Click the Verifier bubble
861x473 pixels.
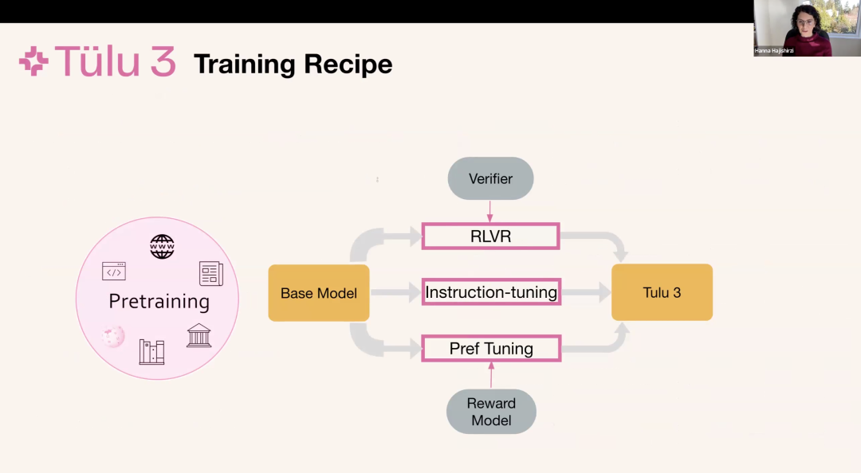[x=490, y=178]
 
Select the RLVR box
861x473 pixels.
[x=490, y=236]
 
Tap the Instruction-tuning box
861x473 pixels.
[x=491, y=292]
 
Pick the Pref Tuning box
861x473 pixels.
[x=491, y=349]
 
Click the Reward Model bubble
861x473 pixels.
[x=491, y=412]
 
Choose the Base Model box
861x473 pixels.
[x=319, y=293]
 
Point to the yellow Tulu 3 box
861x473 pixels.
[x=662, y=292]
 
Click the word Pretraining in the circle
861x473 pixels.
[x=159, y=302]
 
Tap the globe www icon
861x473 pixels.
[x=162, y=247]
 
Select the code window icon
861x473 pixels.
[x=114, y=272]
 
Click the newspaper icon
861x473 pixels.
[x=210, y=273]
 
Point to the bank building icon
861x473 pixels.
[x=199, y=335]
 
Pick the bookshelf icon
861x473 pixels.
[x=151, y=351]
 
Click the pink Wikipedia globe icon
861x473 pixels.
[x=113, y=336]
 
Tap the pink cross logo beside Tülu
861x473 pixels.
[x=33, y=62]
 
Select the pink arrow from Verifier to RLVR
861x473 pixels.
[x=490, y=211]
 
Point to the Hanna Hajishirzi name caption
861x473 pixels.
[x=774, y=51]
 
